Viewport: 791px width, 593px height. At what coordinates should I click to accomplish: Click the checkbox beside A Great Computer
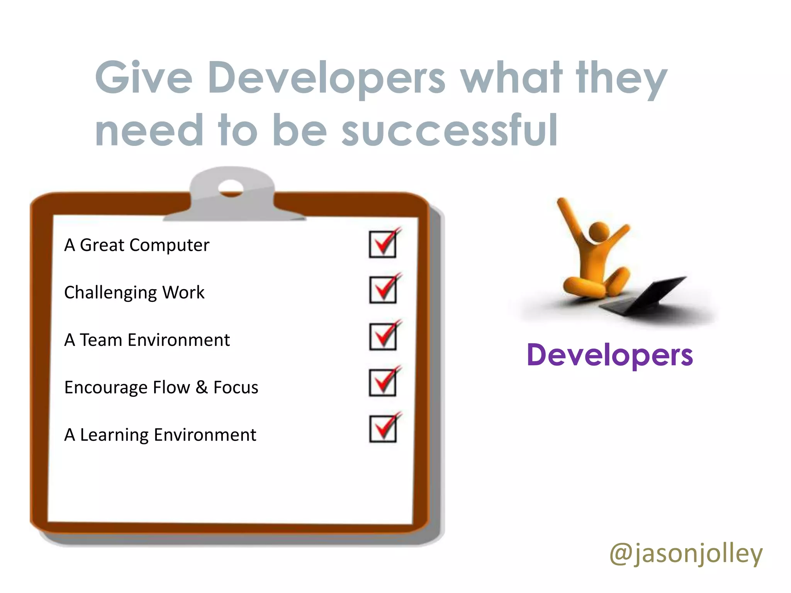coord(382,244)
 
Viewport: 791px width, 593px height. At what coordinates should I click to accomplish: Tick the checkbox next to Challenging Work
coord(382,290)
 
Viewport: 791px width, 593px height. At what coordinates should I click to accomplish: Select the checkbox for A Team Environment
coord(382,337)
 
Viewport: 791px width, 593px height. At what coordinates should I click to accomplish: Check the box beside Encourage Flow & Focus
coord(382,383)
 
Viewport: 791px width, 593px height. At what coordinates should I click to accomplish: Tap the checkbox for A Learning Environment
coord(382,429)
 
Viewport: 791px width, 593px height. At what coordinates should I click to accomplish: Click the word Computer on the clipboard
coord(169,245)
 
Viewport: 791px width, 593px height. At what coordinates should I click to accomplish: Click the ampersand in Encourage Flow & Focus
coord(201,387)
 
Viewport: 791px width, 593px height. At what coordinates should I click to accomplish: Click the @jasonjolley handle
coord(686,554)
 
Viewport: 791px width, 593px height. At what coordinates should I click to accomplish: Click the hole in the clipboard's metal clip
coord(231,188)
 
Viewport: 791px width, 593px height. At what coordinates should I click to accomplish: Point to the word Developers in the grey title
coord(326,78)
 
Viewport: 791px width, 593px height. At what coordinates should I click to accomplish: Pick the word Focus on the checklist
coord(236,387)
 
